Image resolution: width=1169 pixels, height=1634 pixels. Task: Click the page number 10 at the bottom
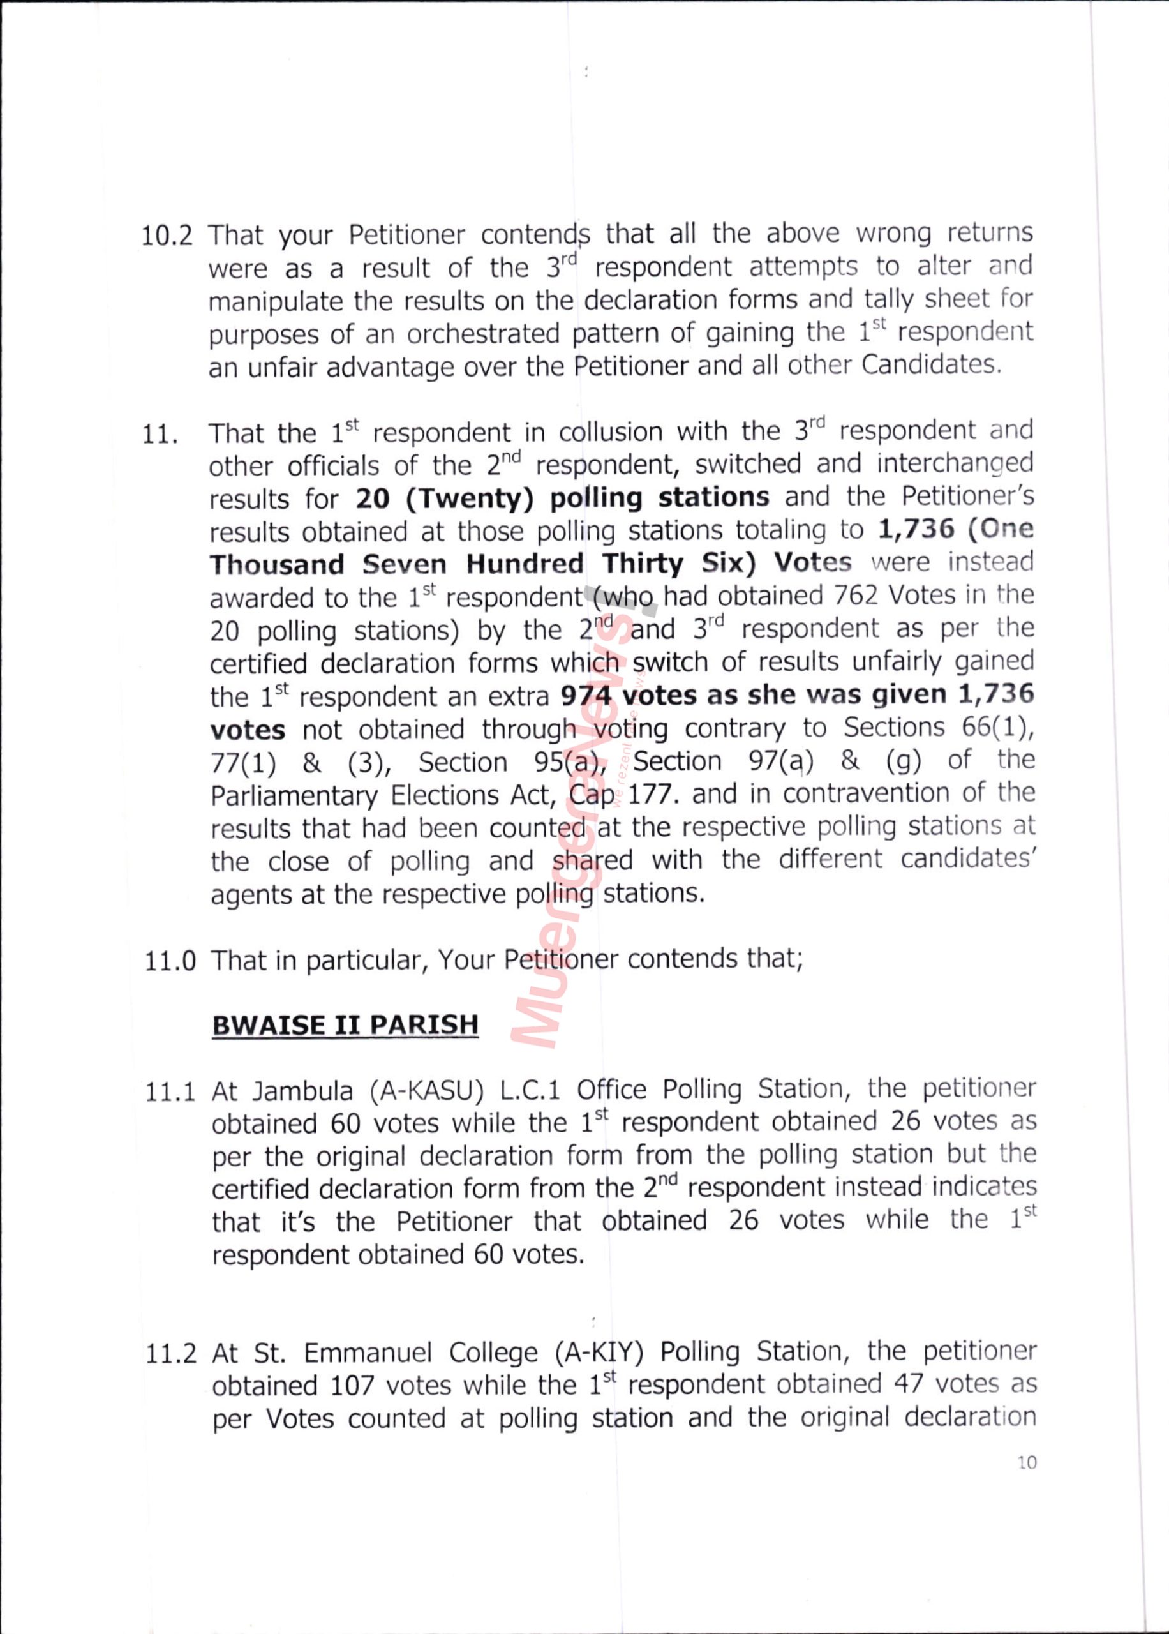pos(1027,1463)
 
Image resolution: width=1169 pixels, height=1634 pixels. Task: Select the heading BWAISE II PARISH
pos(345,1024)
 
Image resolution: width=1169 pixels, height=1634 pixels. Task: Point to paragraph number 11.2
pos(170,1354)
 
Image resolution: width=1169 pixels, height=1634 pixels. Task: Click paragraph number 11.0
pos(170,961)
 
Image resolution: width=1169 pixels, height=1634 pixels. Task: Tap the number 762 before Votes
pos(856,596)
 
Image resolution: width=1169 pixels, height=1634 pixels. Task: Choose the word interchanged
pos(955,464)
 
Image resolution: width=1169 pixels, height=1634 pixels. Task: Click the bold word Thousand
pos(277,564)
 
